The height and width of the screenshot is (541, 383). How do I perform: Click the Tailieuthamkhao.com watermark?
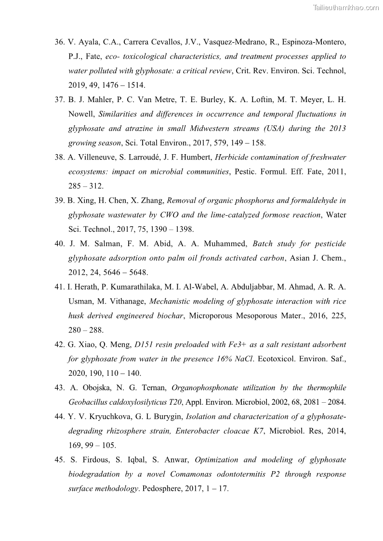[x=346, y=7]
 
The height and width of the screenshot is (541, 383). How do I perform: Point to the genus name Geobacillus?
[x=88, y=402]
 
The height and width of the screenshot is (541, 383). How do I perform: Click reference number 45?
[x=60, y=460]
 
